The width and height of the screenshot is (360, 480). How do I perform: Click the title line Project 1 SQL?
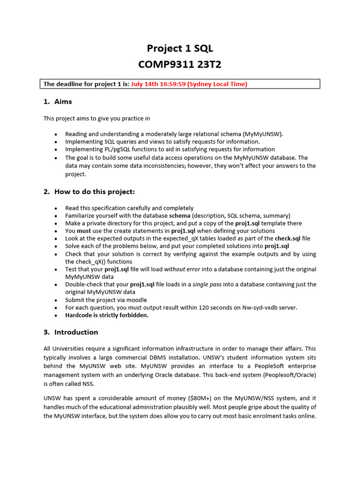pyautogui.click(x=180, y=48)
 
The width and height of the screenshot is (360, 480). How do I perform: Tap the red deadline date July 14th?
pyautogui.click(x=147, y=84)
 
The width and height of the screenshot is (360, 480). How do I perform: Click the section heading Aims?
pyautogui.click(x=63, y=102)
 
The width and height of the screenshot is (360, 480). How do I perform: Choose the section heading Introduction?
pyautogui.click(x=76, y=332)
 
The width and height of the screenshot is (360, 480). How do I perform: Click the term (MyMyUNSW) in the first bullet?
pyautogui.click(x=263, y=134)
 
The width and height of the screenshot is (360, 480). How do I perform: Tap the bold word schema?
pyautogui.click(x=180, y=216)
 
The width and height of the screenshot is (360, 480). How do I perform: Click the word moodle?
pyautogui.click(x=136, y=300)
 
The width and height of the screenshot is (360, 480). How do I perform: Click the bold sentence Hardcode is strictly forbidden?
pyautogui.click(x=107, y=315)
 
